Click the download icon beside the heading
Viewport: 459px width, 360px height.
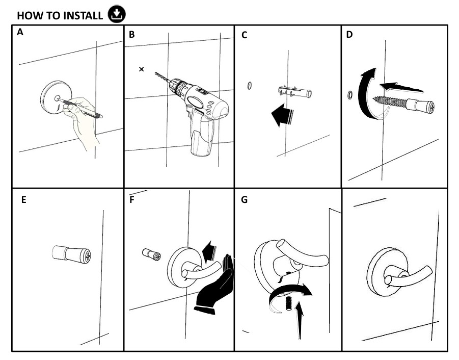tap(117, 14)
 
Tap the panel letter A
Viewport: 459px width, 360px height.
tap(20, 32)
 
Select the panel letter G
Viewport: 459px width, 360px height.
tap(244, 200)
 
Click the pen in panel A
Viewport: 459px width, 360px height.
tap(81, 108)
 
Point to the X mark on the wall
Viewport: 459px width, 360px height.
tap(142, 69)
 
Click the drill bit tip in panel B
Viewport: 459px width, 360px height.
tap(156, 73)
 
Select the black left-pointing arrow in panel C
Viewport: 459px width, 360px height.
tap(282, 115)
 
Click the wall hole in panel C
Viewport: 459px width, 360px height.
tap(250, 86)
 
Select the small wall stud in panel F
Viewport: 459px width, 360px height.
tap(151, 254)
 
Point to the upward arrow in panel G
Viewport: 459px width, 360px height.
tap(300, 320)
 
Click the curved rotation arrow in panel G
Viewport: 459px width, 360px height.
tap(290, 292)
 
